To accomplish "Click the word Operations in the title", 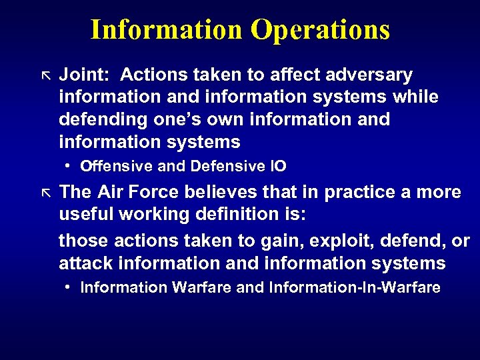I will click(x=320, y=30).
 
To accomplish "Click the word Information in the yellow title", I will click(x=167, y=30).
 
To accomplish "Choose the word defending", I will click(x=101, y=120).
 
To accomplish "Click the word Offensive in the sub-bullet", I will click(x=109, y=166).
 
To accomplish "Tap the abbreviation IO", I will click(x=277, y=166).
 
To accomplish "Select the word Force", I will click(x=156, y=193).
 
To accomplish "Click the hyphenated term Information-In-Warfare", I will click(x=355, y=288).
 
